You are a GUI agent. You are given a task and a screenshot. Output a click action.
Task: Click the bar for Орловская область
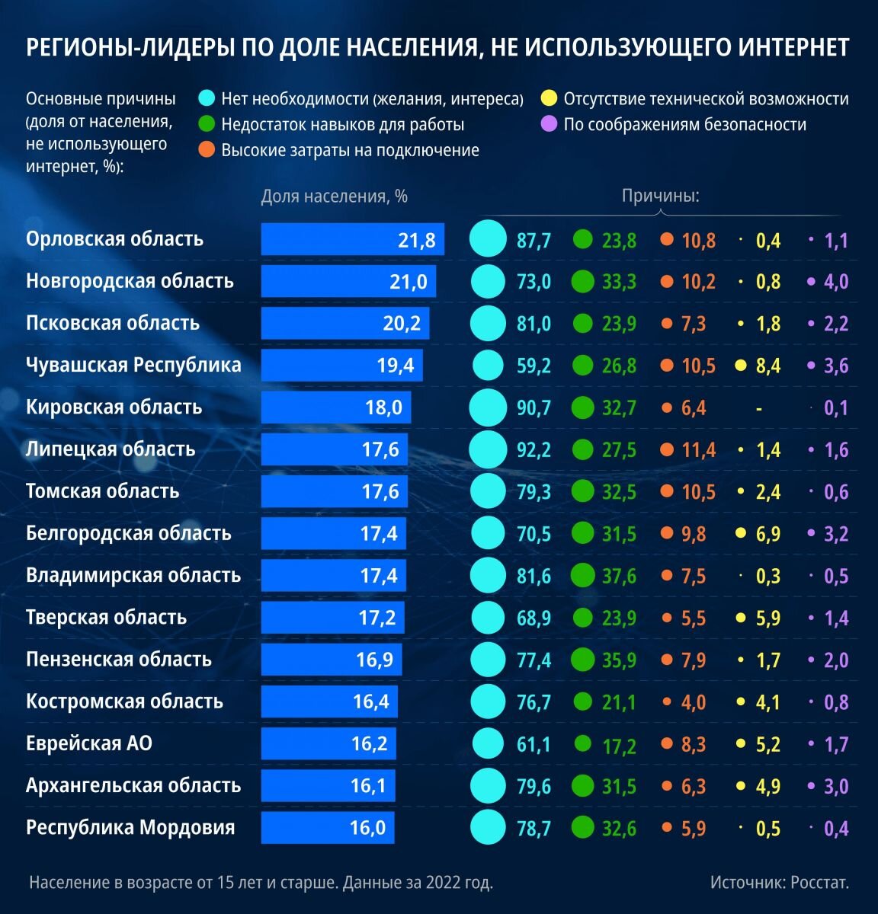tap(352, 239)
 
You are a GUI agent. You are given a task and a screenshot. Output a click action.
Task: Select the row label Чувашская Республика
tap(133, 365)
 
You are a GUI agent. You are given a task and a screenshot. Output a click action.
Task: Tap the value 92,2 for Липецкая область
tap(534, 449)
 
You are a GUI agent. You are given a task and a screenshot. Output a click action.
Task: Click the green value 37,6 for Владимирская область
tap(619, 576)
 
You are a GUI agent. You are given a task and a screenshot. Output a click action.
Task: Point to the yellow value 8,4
tap(767, 366)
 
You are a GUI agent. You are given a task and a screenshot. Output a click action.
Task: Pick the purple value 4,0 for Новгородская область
tap(835, 282)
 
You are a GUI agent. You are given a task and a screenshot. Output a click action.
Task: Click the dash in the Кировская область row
tap(759, 408)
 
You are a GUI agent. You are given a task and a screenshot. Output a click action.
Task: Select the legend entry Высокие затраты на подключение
tap(350, 150)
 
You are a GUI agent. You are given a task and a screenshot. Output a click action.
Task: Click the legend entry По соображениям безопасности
tap(684, 124)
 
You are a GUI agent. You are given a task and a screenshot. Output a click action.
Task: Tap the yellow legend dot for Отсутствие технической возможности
tap(548, 98)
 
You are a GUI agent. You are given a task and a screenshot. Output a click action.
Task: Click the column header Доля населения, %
tap(334, 196)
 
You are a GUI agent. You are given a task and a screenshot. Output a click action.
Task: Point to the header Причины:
tap(660, 196)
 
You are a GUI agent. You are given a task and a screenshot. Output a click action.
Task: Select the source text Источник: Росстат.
tap(779, 882)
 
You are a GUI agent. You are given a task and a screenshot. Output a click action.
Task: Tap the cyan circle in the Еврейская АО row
tap(488, 743)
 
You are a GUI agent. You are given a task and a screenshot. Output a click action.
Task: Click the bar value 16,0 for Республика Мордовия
tap(367, 828)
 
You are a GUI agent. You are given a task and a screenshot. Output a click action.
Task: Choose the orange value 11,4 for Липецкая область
tap(698, 450)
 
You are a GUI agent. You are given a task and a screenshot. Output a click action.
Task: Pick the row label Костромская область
tap(124, 701)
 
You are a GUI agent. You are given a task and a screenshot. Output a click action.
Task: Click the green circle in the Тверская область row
tap(582, 617)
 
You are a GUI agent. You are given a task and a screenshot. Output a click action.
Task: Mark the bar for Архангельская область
tap(328, 785)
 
